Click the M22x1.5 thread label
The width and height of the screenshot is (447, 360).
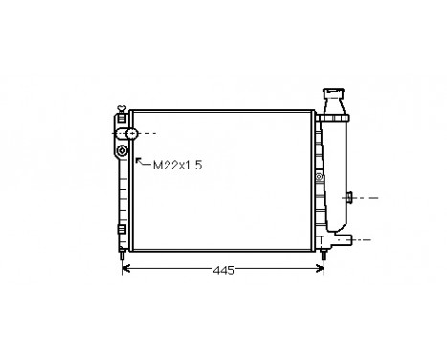point(178,165)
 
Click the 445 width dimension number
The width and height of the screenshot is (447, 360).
point(223,271)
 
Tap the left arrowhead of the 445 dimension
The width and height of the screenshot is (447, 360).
point(124,271)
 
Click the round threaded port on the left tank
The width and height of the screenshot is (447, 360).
point(123,151)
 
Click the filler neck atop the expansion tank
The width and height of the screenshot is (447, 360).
point(334,95)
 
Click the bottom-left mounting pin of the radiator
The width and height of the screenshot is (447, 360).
point(121,257)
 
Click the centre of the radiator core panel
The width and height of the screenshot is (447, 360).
point(221,181)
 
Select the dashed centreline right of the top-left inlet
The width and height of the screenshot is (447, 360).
point(145,133)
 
